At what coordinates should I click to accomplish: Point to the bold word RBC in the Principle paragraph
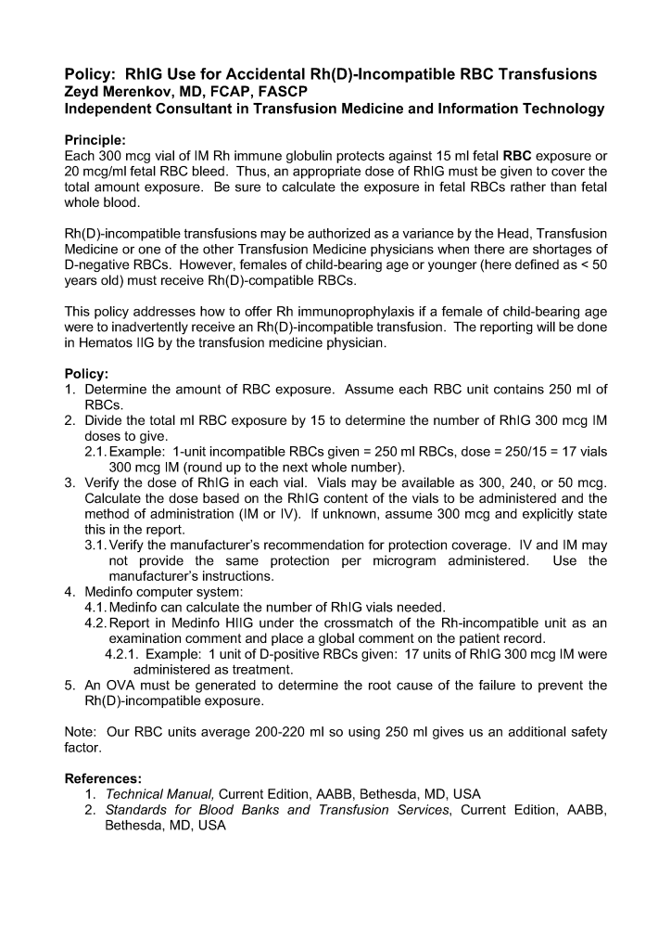point(517,155)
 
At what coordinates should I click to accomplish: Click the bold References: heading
point(103,777)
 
